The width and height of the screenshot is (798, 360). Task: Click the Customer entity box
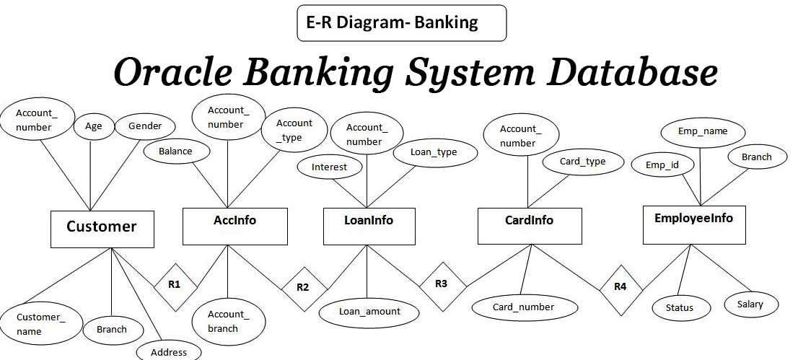(x=102, y=229)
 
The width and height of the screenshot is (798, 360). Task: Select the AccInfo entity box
(x=234, y=226)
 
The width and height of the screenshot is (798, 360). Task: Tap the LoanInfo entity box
(x=369, y=226)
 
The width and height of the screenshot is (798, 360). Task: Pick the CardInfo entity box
(x=530, y=226)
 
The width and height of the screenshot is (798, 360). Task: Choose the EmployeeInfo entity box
(x=693, y=224)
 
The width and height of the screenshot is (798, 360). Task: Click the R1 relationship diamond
(x=174, y=285)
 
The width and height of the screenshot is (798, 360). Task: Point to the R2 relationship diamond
(x=302, y=287)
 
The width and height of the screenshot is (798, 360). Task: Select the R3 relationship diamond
(x=442, y=284)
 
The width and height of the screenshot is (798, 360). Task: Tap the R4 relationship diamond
(x=621, y=287)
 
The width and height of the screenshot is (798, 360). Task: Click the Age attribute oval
(x=94, y=126)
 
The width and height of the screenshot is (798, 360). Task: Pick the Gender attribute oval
(x=145, y=126)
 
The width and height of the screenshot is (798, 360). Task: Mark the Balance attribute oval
(x=175, y=152)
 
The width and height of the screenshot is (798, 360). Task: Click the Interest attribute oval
(x=329, y=167)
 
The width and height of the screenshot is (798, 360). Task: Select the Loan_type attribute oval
(x=434, y=152)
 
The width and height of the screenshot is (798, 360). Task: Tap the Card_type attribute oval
(x=582, y=162)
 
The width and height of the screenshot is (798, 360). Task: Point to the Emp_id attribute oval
(x=662, y=165)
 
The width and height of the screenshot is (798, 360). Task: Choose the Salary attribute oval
(x=750, y=304)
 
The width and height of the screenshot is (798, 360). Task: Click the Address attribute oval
(x=169, y=352)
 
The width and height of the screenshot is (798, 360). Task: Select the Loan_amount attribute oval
(x=369, y=312)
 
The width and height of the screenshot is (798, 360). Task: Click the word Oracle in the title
(x=173, y=73)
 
